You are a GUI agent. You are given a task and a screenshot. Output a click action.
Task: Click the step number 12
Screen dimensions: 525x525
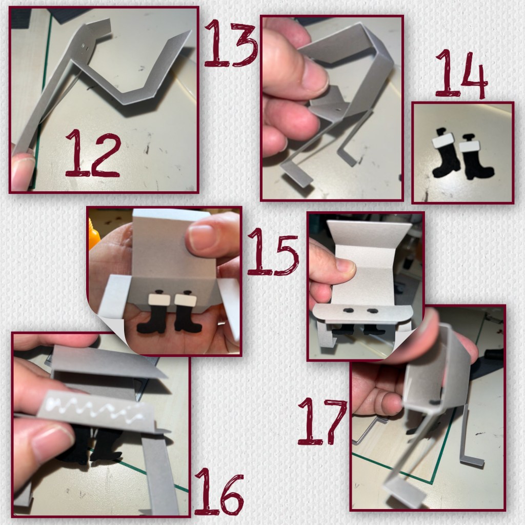93,153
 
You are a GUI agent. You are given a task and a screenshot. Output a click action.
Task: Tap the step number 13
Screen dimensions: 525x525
231,43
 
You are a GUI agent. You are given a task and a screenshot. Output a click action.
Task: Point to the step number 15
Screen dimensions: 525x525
273,251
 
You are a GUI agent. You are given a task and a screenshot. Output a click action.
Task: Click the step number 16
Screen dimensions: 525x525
219,492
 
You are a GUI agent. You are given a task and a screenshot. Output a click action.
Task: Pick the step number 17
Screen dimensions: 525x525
322,421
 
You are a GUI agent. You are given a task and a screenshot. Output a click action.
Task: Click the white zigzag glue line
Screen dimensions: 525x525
97,409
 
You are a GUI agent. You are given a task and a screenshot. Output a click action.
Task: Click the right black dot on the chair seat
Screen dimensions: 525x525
372,311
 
